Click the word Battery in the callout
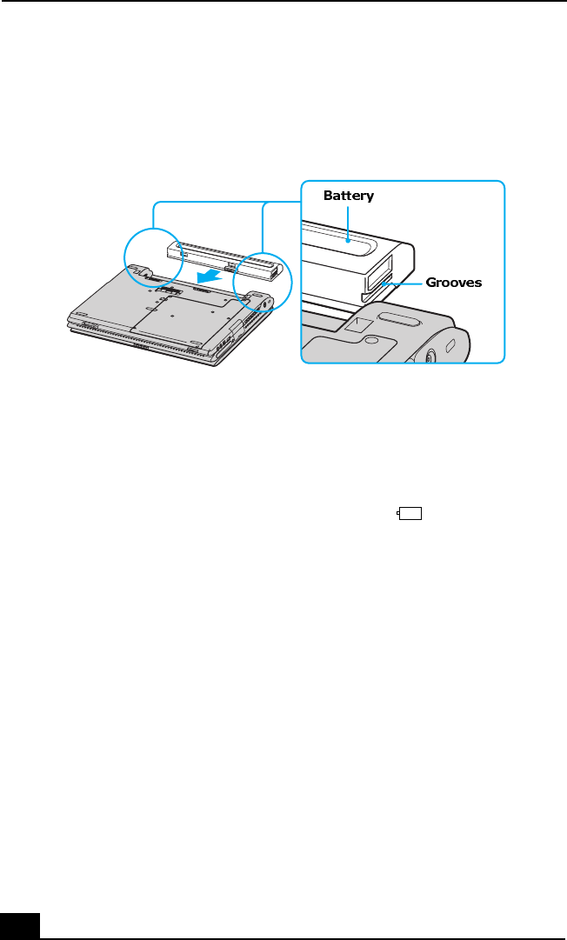(348, 196)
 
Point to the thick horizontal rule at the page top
(283, 2)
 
